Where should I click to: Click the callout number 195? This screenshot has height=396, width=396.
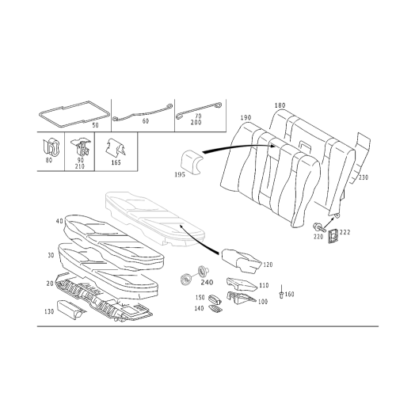coord(180,174)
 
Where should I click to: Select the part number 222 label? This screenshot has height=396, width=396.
coord(345,232)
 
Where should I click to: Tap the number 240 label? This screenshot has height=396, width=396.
coord(207,283)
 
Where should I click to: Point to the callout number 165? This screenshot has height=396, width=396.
coord(116,162)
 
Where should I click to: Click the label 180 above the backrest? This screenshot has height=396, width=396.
coord(280,105)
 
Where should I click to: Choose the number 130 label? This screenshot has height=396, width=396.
coord(49,311)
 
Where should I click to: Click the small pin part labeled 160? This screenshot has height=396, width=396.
coord(281,292)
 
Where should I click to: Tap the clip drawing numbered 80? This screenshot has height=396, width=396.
coord(51,147)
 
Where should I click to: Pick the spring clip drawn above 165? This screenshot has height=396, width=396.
coord(116,148)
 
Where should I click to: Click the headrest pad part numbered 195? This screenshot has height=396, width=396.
coord(192,162)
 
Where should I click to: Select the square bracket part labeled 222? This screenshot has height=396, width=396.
coord(333,236)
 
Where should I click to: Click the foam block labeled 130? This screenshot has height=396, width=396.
coord(70,308)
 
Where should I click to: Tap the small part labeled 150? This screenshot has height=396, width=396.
coord(215,299)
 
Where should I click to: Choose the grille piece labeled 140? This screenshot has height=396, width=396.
coord(215,309)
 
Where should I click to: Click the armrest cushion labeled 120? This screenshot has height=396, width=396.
coord(242,260)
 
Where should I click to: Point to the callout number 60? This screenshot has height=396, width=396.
coord(145,121)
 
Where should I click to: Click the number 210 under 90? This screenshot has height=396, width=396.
coord(80,166)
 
